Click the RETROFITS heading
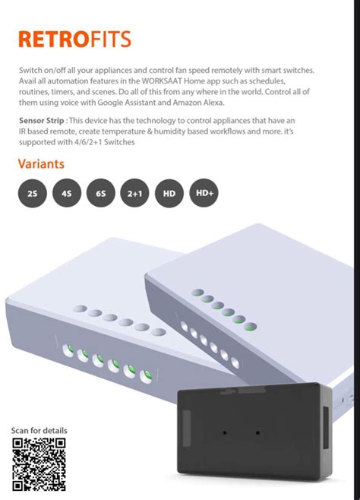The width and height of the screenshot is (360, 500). (x=75, y=39)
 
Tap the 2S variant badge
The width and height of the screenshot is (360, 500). (x=32, y=193)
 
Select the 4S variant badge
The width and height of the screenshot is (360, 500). (x=67, y=193)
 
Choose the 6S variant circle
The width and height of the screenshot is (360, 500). (x=101, y=193)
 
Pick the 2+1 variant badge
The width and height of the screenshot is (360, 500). (x=134, y=193)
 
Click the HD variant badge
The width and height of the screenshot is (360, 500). (x=169, y=193)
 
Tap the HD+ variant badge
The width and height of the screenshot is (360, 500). (x=204, y=192)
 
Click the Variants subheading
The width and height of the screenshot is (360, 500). (x=41, y=164)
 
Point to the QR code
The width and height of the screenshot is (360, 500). (x=39, y=464)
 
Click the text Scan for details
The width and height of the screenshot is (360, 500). (x=39, y=431)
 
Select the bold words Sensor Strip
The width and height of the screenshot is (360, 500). (x=42, y=121)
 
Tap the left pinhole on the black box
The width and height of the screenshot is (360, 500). (x=225, y=432)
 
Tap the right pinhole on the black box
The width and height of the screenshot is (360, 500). (x=257, y=432)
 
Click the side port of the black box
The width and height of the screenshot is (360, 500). (x=325, y=426)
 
